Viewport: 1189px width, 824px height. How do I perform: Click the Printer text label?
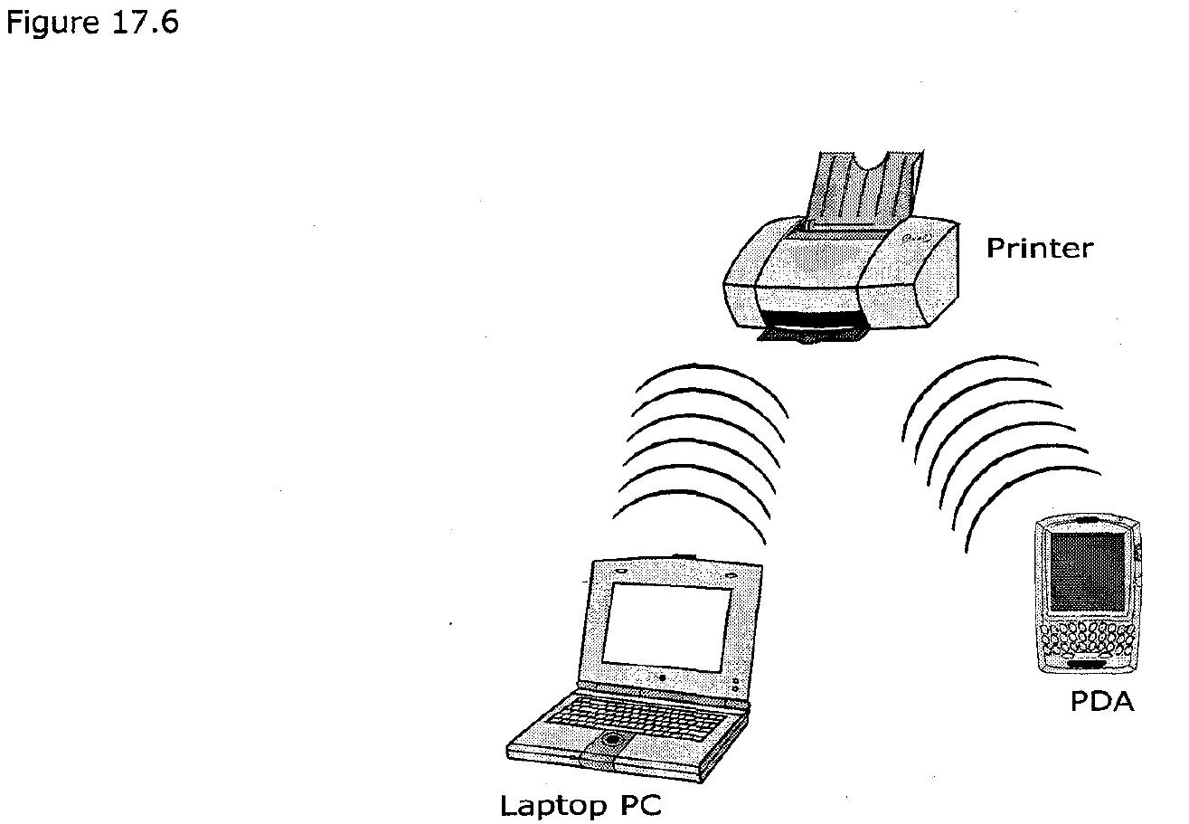(1039, 248)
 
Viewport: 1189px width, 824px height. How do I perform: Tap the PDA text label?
(1101, 702)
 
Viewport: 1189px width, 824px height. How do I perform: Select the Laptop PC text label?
(580, 805)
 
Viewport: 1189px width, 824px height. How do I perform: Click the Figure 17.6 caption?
(92, 22)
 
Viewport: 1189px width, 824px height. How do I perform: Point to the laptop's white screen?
(666, 625)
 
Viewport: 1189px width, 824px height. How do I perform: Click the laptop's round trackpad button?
(613, 740)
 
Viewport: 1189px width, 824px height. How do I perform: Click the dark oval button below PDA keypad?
(1084, 666)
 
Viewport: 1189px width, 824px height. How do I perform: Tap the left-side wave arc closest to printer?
(714, 375)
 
